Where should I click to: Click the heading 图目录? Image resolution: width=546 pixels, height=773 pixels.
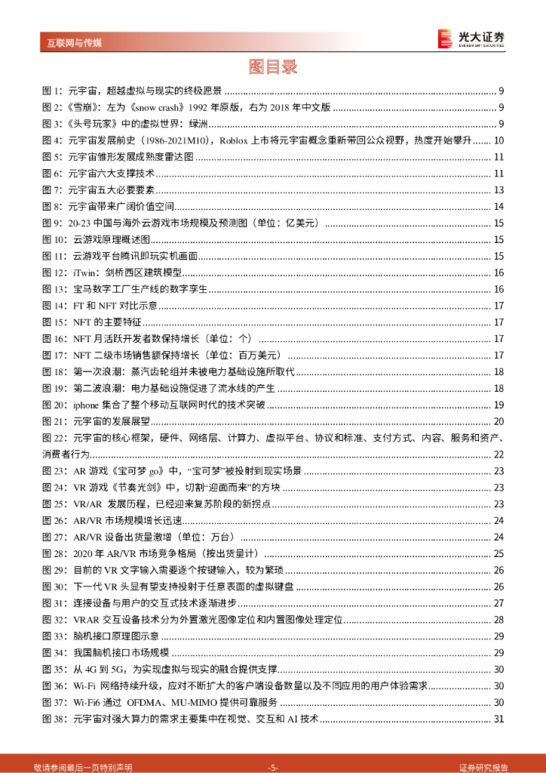pos(273,67)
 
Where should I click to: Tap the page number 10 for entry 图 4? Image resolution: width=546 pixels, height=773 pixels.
pos(498,140)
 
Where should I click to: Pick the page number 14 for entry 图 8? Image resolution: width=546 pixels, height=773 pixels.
pos(498,207)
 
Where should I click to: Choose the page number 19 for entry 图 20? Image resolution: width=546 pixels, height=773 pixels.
pos(498,405)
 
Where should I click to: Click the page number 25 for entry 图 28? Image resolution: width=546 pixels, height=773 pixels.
pos(498,554)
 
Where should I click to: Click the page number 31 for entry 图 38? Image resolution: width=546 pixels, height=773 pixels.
pos(498,719)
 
